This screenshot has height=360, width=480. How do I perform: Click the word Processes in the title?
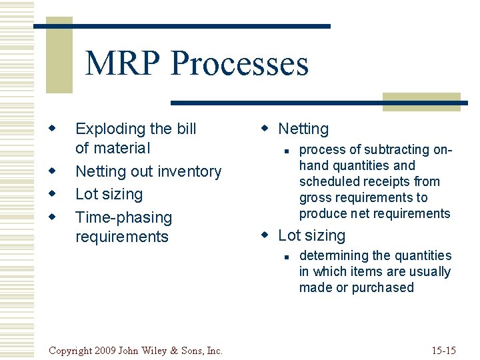tap(239, 64)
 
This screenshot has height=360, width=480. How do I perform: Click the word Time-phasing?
tap(123, 217)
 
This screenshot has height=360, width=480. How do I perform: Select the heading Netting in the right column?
tap(303, 129)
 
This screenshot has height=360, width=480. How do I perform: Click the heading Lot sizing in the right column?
tap(311, 235)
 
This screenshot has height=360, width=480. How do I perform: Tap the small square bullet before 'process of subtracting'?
tap(285, 151)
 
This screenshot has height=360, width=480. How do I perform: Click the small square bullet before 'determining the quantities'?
tap(285, 257)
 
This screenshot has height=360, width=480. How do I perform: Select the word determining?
tap(332, 255)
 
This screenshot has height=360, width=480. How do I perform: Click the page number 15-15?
tap(443, 350)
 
